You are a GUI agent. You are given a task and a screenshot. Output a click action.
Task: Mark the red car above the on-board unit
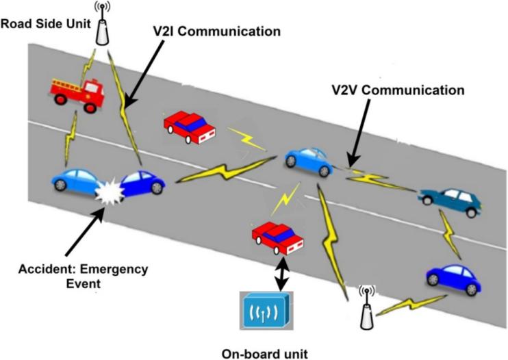pyautogui.click(x=278, y=236)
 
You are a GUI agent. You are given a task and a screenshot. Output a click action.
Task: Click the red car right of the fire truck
pyautogui.click(x=190, y=127)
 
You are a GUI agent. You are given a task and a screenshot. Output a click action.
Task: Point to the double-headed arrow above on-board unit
pyautogui.click(x=279, y=272)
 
